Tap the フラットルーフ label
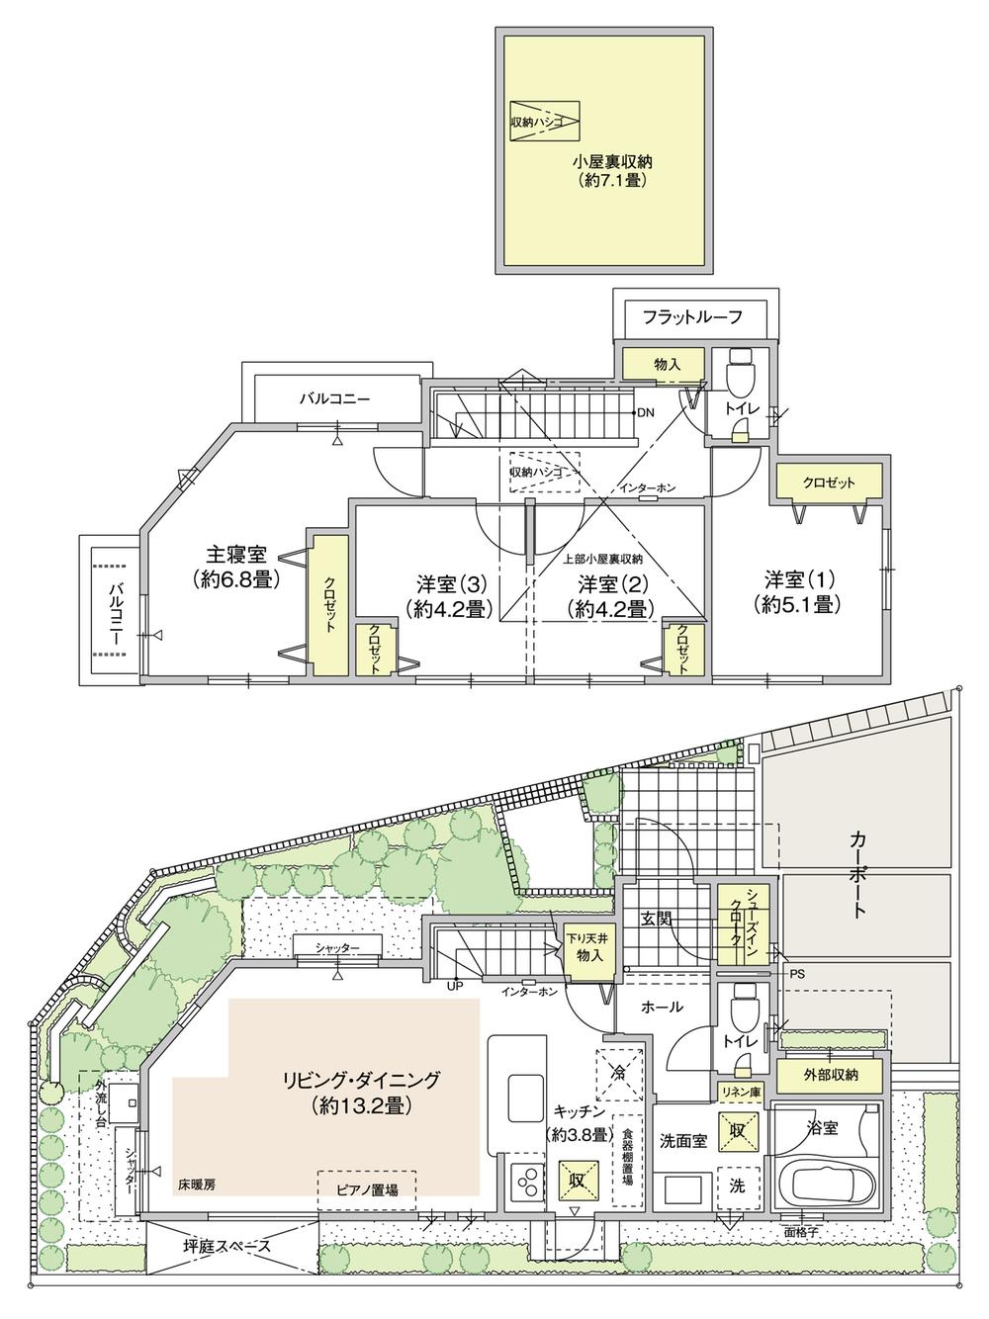[x=691, y=316]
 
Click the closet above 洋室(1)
[x=828, y=483]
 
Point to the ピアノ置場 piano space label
[x=367, y=1190]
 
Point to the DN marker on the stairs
[x=644, y=412]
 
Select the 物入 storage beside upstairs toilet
[x=667, y=365]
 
